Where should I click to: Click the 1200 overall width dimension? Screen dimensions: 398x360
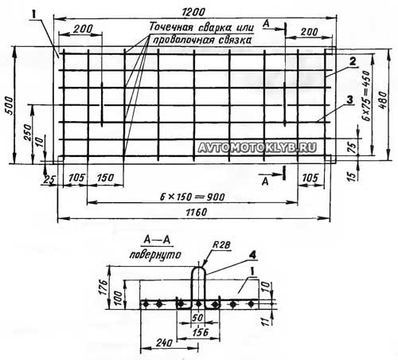tap(193, 12)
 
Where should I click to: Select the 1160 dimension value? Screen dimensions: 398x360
tap(197, 213)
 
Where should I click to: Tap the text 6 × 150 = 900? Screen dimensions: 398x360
tap(193, 197)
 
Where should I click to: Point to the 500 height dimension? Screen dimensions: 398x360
tap(10, 106)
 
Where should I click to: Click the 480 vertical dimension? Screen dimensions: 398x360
tap(383, 100)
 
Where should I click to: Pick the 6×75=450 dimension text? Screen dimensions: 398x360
tap(367, 96)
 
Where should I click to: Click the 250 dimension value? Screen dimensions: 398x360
tap(28, 132)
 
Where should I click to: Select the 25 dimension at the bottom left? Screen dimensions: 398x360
tap(49, 180)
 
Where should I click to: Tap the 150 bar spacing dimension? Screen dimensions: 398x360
tap(105, 178)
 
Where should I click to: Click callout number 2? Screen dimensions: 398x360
tap(353, 61)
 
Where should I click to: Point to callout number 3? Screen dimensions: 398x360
tap(350, 100)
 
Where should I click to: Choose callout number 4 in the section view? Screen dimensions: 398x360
tap(252, 255)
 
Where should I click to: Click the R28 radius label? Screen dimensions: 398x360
tap(221, 245)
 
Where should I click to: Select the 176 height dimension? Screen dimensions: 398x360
tap(103, 287)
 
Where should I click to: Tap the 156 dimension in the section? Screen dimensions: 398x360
tap(201, 332)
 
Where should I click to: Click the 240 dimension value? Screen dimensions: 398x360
tap(164, 343)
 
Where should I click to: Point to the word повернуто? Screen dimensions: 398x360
tap(155, 255)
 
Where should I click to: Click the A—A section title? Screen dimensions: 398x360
tap(157, 240)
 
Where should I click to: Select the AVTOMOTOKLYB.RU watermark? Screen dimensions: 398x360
tap(257, 147)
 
